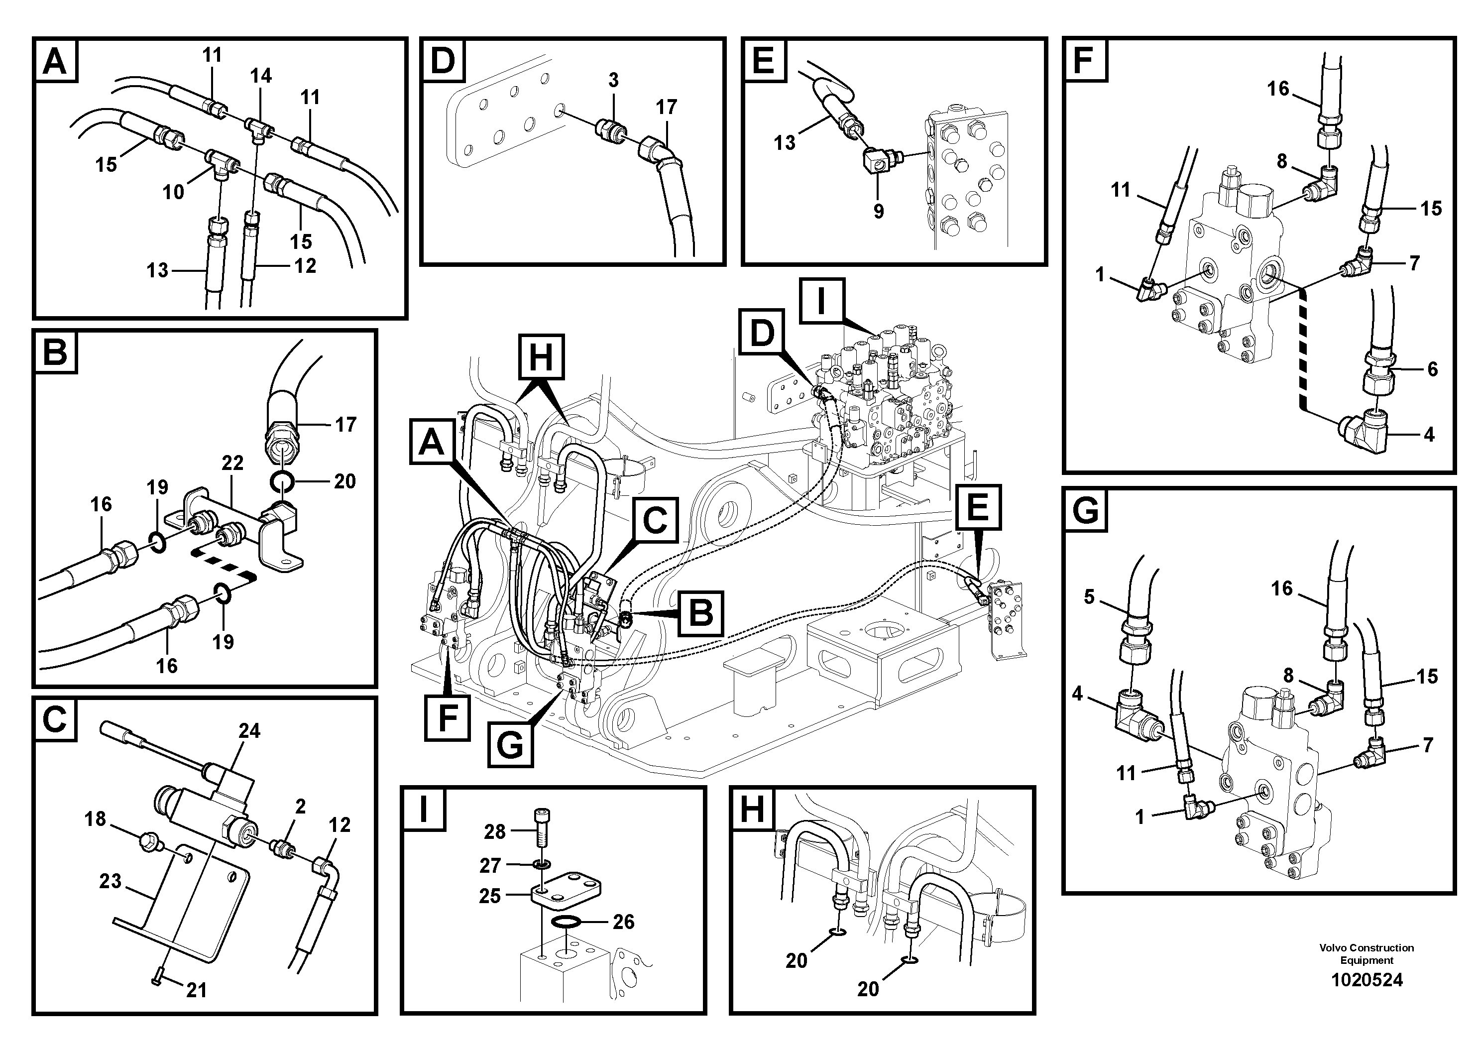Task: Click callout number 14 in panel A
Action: click(x=261, y=76)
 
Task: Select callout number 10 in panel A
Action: click(x=173, y=192)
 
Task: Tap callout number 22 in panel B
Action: click(x=232, y=463)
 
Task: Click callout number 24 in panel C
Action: click(x=249, y=731)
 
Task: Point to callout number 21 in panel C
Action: click(x=196, y=990)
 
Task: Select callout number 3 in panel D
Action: click(x=613, y=80)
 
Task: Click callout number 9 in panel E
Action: click(x=879, y=211)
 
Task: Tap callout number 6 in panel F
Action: click(x=1432, y=369)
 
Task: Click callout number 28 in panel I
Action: click(x=494, y=832)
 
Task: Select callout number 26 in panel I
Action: click(x=624, y=922)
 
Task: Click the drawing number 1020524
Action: click(x=1367, y=980)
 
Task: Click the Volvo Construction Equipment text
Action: click(x=1367, y=953)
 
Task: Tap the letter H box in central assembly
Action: click(x=541, y=356)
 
